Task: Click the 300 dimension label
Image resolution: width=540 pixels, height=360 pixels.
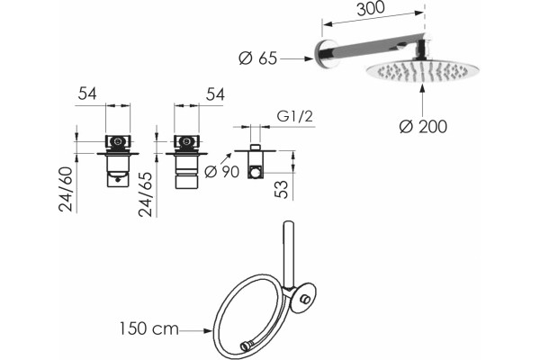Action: click(x=371, y=9)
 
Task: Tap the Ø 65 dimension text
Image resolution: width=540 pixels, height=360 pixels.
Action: click(x=258, y=58)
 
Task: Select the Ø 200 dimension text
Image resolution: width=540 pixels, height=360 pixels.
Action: click(x=423, y=126)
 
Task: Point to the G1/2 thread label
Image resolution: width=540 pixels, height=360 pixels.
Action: click(x=295, y=116)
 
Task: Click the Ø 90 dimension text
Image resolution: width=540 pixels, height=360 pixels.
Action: click(x=221, y=171)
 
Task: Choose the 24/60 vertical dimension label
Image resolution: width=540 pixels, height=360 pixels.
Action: click(x=66, y=189)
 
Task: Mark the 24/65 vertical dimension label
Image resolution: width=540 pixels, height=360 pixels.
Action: click(x=145, y=194)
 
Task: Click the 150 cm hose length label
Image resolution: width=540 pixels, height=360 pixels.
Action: click(x=149, y=328)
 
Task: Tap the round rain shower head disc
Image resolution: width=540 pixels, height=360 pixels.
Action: click(x=422, y=72)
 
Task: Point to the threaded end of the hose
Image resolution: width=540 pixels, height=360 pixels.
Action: click(x=247, y=346)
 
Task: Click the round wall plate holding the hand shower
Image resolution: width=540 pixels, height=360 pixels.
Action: click(x=303, y=298)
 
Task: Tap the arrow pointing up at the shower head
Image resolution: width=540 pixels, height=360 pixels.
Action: click(x=423, y=100)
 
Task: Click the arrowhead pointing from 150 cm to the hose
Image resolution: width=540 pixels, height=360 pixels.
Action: click(x=208, y=330)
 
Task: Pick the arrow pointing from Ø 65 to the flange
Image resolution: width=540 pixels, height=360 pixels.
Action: click(x=296, y=58)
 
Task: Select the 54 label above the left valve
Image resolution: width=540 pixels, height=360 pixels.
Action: click(x=87, y=94)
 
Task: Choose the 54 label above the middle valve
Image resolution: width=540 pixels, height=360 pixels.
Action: click(x=215, y=94)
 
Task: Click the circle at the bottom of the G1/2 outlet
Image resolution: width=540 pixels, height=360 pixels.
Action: click(x=256, y=172)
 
